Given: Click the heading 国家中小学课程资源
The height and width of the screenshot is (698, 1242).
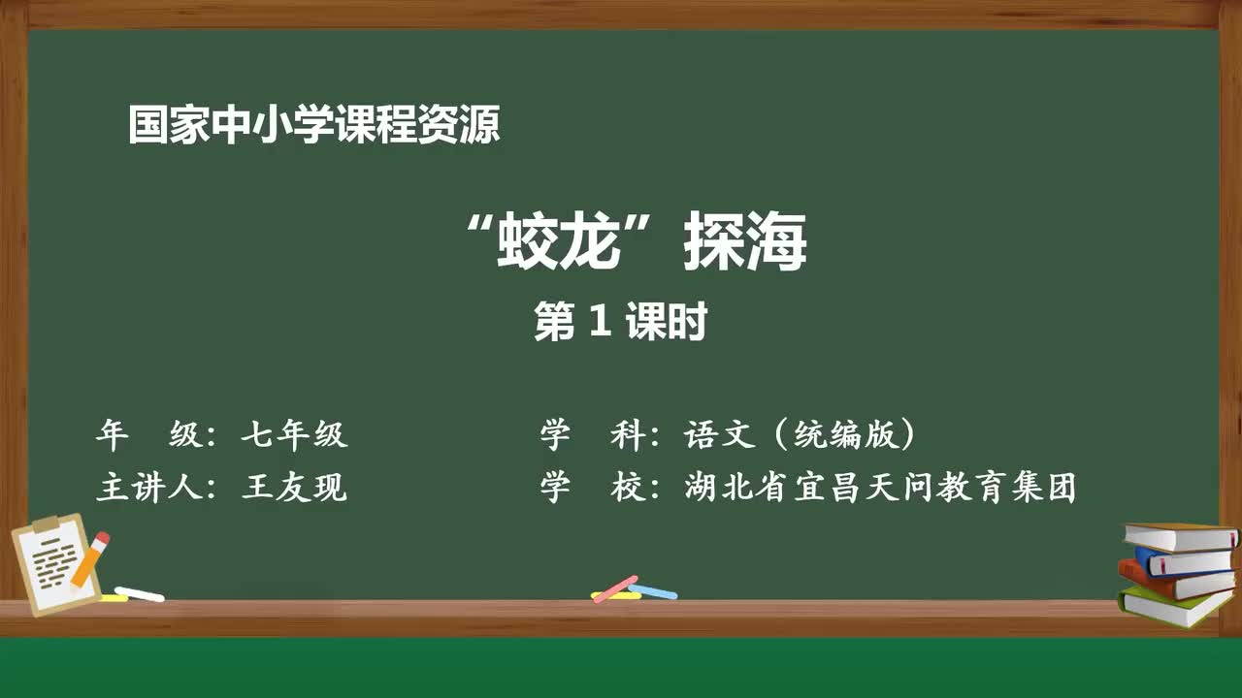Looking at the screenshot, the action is (x=314, y=125).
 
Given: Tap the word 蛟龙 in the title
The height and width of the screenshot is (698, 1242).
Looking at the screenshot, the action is (x=557, y=241).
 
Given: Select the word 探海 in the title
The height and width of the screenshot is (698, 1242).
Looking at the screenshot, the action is (x=744, y=241).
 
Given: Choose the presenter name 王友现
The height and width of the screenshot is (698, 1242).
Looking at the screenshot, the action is (x=294, y=488).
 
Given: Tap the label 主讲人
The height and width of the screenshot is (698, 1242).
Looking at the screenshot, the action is (x=148, y=488).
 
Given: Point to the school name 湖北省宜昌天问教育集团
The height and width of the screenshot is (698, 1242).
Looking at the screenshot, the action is (x=880, y=488).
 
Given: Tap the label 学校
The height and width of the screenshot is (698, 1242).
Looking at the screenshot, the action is (x=592, y=488).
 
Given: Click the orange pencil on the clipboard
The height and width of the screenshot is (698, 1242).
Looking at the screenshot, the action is (x=90, y=558).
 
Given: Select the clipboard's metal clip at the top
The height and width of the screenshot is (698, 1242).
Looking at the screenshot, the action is (x=46, y=523).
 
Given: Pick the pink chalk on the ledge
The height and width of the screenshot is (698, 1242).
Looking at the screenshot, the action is (x=615, y=588).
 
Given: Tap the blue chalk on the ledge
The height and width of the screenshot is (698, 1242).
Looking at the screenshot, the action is (x=653, y=591).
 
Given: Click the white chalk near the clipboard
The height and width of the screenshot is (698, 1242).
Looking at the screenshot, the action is (x=139, y=594).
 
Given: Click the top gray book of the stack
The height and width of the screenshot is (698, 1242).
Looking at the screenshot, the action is (x=1180, y=536).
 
